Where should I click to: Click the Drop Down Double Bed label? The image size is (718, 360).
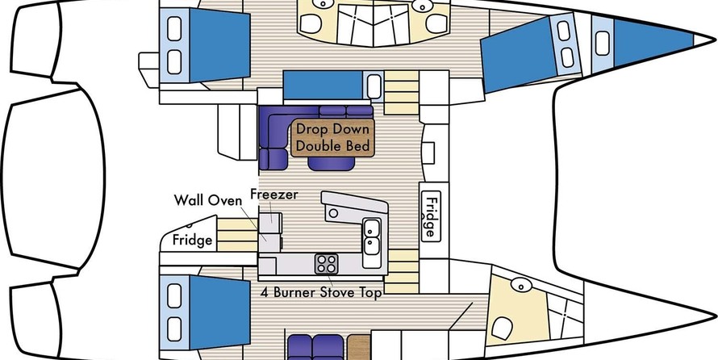(x=332, y=137)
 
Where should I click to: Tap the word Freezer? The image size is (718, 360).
(x=273, y=195)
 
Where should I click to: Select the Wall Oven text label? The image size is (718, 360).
(x=207, y=200)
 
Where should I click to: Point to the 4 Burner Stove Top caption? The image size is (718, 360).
(x=321, y=292)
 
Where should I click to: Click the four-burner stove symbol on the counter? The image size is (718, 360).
(x=327, y=264)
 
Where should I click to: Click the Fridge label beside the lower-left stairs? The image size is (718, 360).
(x=192, y=240)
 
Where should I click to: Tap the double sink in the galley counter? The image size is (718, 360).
(x=371, y=236)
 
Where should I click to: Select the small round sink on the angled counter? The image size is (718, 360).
(x=334, y=213)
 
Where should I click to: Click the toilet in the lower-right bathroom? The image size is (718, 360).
(x=502, y=328)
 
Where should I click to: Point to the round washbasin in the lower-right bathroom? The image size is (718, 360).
(x=521, y=285)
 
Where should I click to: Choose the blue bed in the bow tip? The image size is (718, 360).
(x=653, y=43)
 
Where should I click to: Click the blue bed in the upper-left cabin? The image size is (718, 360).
(x=219, y=46)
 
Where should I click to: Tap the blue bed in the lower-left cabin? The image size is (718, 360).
(x=219, y=313)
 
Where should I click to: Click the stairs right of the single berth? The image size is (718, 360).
(x=401, y=93)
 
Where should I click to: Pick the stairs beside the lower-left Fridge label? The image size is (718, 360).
(x=237, y=235)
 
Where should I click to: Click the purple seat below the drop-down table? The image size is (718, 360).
(x=332, y=164)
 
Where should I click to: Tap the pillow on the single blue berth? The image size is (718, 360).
(x=374, y=86)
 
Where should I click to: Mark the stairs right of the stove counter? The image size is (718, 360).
(x=401, y=271)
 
